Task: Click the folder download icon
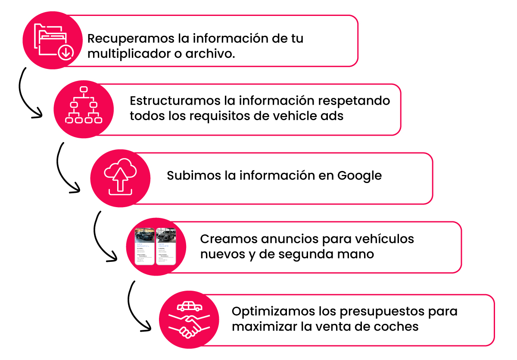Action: click(53, 40)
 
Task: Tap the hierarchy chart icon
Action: click(83, 106)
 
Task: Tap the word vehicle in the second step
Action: click(291, 116)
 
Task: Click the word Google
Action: click(359, 176)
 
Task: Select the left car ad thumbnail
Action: click(144, 247)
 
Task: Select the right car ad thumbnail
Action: click(166, 247)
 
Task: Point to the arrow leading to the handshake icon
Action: click(136, 308)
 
